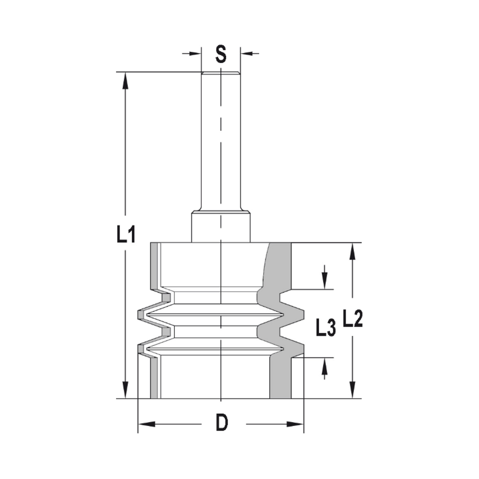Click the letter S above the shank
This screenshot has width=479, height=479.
click(220, 54)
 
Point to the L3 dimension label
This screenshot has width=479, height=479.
click(325, 328)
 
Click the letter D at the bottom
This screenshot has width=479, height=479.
click(221, 423)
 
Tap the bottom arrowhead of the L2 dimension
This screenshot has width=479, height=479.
click(353, 390)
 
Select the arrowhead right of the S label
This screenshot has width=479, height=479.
click(247, 53)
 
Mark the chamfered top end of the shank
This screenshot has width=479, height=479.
click(220, 74)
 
